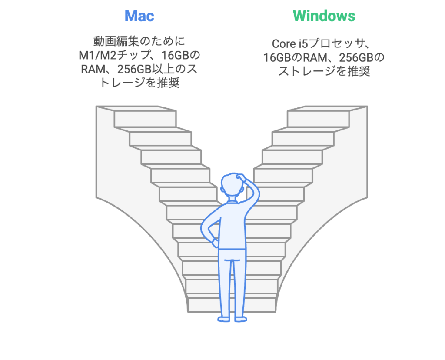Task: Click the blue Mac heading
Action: click(x=139, y=16)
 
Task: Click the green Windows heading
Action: click(x=324, y=16)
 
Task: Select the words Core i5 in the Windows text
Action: click(x=290, y=44)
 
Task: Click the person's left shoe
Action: click(x=224, y=319)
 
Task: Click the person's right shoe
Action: click(x=241, y=319)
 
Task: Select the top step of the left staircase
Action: click(x=145, y=119)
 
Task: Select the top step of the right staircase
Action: click(x=318, y=119)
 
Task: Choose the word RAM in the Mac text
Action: click(x=93, y=69)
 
